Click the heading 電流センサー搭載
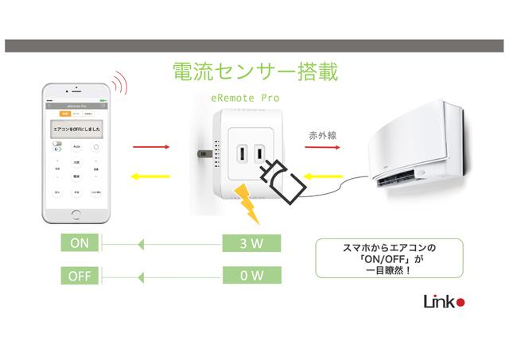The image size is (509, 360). click(x=255, y=72)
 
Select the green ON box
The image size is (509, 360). click(x=80, y=244)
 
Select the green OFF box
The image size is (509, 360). click(x=80, y=276)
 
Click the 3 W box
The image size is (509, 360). click(x=251, y=244)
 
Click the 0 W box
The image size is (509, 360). click(x=251, y=276)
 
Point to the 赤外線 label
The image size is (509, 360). click(x=322, y=136)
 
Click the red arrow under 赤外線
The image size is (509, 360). click(x=321, y=149)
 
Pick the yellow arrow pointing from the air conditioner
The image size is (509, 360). click(x=321, y=176)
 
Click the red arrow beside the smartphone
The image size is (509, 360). click(x=151, y=147)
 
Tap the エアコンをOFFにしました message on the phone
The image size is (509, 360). click(x=76, y=127)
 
